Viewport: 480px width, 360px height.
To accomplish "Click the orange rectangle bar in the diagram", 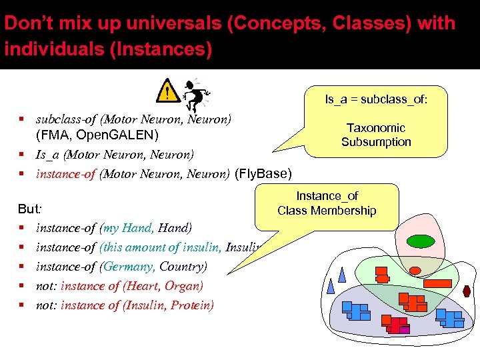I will click(x=438, y=283).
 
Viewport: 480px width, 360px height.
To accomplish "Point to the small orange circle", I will click(x=415, y=271).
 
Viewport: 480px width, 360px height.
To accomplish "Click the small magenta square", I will click(x=404, y=329).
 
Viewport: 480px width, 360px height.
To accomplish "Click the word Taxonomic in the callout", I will click(x=376, y=127).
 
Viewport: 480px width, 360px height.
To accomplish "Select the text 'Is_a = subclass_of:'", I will click(x=376, y=99).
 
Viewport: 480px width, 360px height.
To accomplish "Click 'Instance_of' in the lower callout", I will click(x=327, y=196).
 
